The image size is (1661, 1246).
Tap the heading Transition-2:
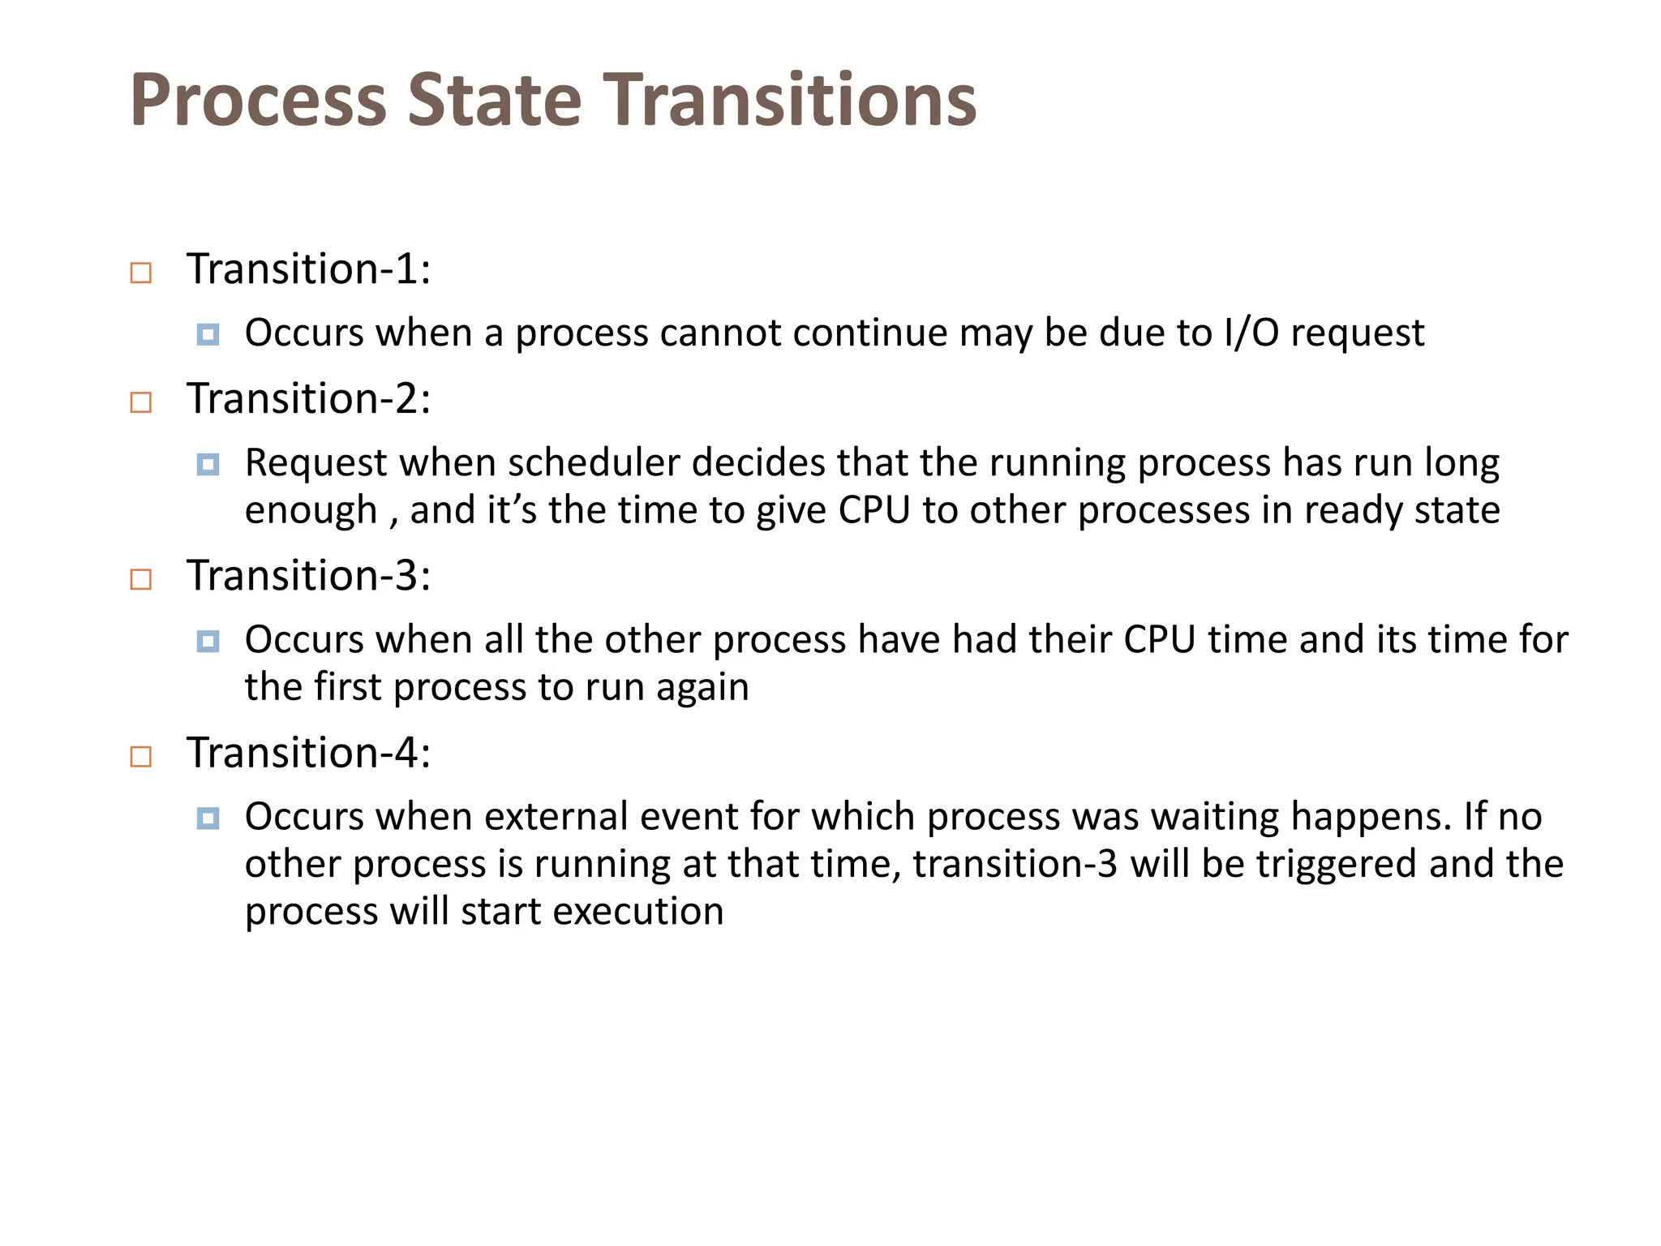pos(308,398)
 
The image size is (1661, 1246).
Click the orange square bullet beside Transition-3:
pos(141,579)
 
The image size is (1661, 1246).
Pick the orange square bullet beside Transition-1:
pos(141,273)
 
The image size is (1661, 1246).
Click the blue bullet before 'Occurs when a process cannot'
pos(208,334)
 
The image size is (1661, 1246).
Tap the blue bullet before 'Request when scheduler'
pos(208,464)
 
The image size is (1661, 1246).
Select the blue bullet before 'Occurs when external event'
pos(208,818)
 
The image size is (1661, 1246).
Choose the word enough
pos(311,511)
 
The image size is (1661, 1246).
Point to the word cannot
pos(720,333)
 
